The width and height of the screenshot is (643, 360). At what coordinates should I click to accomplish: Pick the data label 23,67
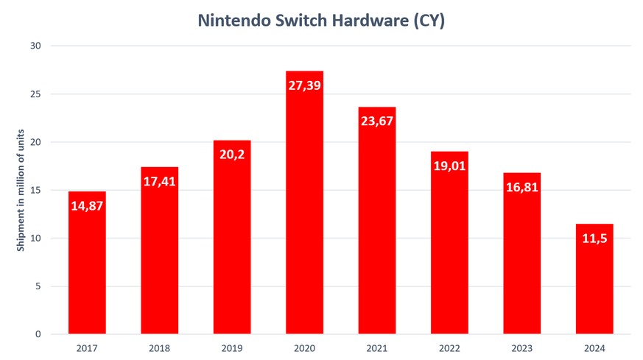tap(377, 121)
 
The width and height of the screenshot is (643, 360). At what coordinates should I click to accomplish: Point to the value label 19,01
tap(449, 166)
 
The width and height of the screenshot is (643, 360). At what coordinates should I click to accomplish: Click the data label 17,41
tap(159, 181)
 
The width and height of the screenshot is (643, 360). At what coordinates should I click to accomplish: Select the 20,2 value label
tap(232, 154)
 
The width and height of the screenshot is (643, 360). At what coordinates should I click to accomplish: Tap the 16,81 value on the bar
tap(521, 187)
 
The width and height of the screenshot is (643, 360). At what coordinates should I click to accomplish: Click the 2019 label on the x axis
tap(232, 347)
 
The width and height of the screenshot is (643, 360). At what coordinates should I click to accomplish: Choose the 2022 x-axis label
tap(449, 347)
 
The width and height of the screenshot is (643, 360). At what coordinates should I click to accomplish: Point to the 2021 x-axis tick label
tap(377, 347)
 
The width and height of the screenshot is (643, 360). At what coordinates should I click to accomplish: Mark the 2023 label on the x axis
tap(521, 347)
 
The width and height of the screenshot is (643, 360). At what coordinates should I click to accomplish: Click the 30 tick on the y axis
tap(35, 46)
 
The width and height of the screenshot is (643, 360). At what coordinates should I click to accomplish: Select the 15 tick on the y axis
tap(35, 190)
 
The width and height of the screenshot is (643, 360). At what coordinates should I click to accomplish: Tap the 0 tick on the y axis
tap(37, 334)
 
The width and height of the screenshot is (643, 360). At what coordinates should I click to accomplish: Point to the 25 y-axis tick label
tap(35, 94)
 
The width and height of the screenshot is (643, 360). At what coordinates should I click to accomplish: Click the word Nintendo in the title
tap(232, 21)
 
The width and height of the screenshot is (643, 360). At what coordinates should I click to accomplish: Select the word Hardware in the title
tap(366, 21)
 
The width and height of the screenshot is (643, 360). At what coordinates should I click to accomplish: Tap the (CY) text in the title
tap(428, 21)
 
